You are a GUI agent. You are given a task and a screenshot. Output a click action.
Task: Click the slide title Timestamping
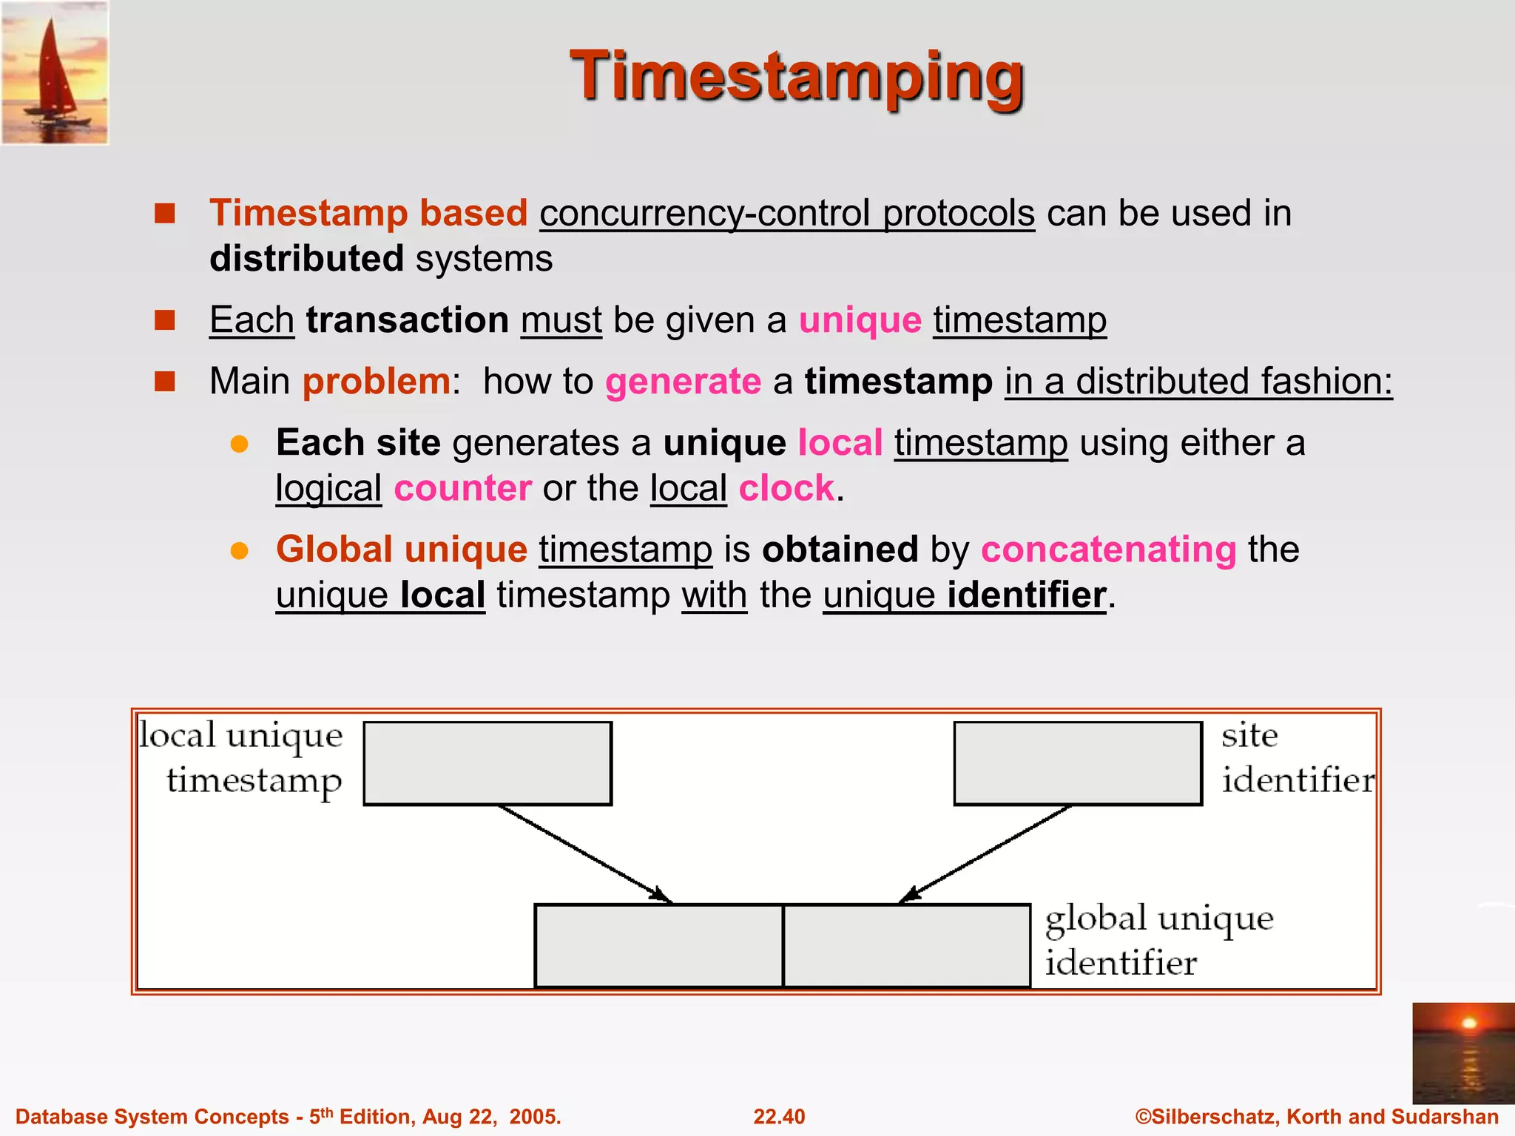797,77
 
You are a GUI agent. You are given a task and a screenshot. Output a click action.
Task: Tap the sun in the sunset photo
1469,1024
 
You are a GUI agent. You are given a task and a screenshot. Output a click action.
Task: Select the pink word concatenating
1108,550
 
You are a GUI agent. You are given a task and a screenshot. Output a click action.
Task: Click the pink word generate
683,382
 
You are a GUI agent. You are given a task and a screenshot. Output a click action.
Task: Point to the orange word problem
377,382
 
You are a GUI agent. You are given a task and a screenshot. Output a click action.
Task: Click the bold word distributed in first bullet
306,259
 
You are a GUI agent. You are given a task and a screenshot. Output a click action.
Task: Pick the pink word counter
462,489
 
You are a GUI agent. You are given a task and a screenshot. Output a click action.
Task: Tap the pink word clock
786,489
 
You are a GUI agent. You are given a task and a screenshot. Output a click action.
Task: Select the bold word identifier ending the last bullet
1027,595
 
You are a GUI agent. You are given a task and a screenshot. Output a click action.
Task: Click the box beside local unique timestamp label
487,763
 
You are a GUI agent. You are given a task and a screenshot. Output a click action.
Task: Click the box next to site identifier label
1077,763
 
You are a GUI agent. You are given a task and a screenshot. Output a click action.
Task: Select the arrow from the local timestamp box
584,854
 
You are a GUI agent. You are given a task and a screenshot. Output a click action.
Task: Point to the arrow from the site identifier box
985,854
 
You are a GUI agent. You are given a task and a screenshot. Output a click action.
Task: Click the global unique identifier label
1158,940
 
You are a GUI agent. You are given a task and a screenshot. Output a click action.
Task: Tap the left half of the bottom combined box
658,945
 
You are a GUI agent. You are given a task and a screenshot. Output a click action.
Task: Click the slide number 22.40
779,1117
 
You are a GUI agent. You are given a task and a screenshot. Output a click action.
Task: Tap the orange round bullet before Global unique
239,551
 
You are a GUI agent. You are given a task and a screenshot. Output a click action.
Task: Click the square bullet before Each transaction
164,320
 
